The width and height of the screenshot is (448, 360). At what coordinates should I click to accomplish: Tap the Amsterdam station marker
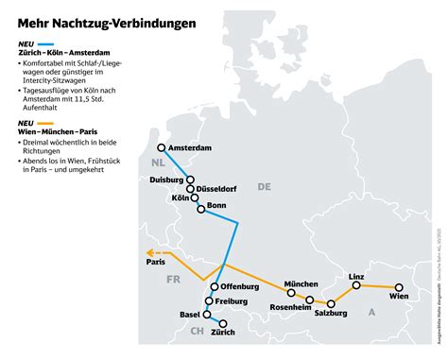pyautogui.click(x=162, y=147)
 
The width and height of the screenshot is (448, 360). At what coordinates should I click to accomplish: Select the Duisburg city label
pyautogui.click(x=168, y=179)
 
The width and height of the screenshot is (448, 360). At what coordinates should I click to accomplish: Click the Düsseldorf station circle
pyautogui.click(x=191, y=189)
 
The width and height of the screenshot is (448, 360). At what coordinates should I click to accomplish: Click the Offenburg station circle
pyautogui.click(x=215, y=286)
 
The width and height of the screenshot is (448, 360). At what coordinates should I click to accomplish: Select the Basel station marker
pyautogui.click(x=209, y=312)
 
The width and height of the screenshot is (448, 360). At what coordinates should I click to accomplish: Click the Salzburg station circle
pyautogui.click(x=331, y=304)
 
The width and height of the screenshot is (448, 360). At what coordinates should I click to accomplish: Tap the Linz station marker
pyautogui.click(x=357, y=284)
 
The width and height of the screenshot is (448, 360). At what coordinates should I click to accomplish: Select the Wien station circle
pyautogui.click(x=399, y=287)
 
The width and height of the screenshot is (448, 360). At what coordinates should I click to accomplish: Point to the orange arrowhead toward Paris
pyautogui.click(x=147, y=251)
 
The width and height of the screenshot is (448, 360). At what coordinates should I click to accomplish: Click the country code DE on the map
pyautogui.click(x=264, y=186)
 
